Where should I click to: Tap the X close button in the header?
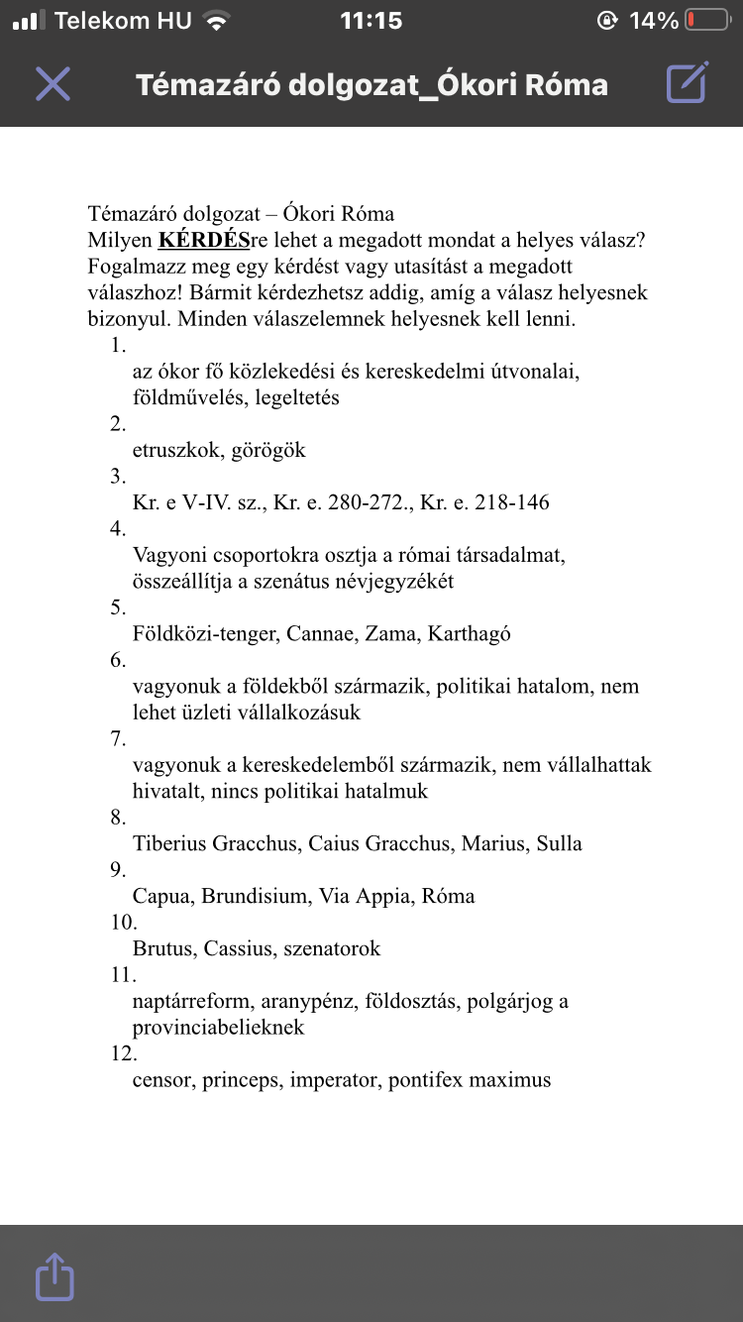53,83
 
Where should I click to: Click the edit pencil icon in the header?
687,83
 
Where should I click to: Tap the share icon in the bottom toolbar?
54,1276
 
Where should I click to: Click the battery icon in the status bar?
705,21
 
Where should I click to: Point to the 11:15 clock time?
371,21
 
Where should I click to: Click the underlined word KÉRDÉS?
204,241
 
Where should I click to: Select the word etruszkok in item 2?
176,451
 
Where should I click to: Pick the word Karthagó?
469,634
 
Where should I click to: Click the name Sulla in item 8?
559,844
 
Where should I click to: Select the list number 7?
119,739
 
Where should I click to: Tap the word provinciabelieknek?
218,1028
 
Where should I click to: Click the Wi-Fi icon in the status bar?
215,21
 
